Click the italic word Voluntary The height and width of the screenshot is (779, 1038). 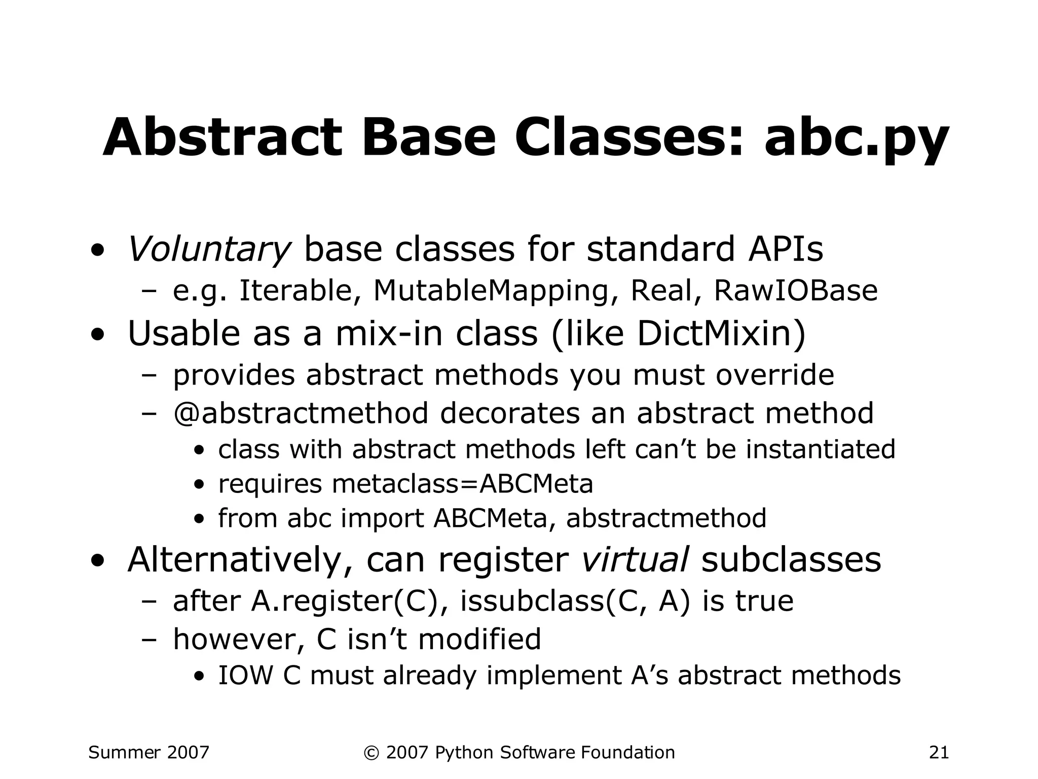[208, 249]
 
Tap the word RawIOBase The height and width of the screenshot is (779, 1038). [795, 291]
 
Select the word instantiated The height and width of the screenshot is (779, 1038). [820, 449]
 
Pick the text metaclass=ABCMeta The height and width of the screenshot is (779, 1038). [462, 483]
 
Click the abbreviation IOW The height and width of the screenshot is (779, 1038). [245, 676]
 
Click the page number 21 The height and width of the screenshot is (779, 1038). [939, 752]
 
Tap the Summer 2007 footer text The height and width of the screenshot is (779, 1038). [149, 752]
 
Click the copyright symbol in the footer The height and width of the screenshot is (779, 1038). [371, 753]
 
